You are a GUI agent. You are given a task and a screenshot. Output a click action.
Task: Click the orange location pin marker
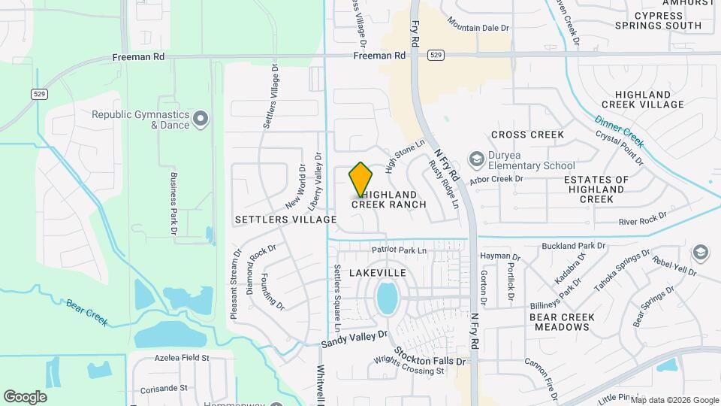pos(361,180)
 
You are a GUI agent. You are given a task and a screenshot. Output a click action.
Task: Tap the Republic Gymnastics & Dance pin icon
pos(201,119)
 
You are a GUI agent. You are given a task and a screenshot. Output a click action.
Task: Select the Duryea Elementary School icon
pos(476,159)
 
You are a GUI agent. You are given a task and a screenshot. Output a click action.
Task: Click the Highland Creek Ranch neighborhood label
pos(389,198)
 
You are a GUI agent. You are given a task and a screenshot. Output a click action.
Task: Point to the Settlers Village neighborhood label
pos(285,220)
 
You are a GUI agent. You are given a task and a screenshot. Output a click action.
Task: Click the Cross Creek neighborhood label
pos(527,135)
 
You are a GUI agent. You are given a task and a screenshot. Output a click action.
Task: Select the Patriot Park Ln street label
pos(399,250)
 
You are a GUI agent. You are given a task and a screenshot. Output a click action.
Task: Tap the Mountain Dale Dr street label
pos(479,28)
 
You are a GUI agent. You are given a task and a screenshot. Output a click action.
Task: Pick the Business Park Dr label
pos(173,202)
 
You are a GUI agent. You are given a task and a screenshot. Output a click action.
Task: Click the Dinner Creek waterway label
pos(620,131)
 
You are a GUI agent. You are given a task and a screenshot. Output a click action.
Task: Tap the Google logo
pos(25,397)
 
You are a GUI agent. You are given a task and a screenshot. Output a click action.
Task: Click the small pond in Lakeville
pos(387,298)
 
